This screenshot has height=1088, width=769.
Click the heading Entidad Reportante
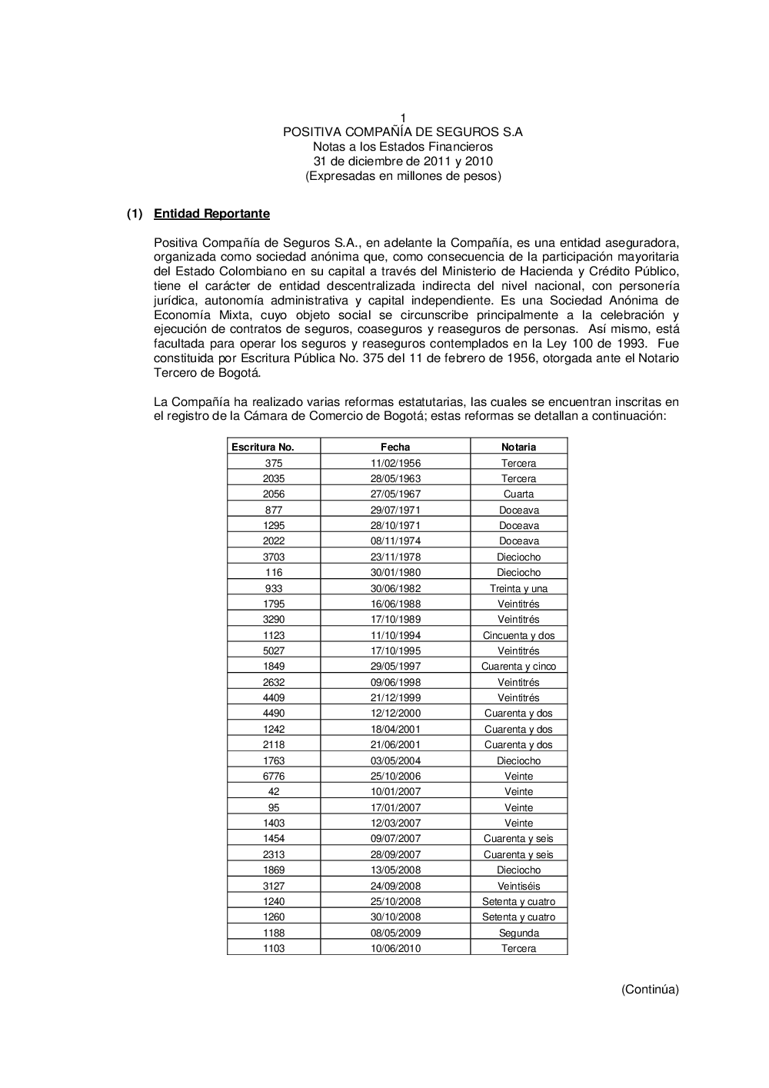click(211, 214)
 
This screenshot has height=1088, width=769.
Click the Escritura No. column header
click(263, 447)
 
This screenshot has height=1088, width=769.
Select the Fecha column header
click(395, 447)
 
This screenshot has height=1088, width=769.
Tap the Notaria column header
click(518, 447)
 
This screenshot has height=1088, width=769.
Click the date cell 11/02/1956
click(395, 463)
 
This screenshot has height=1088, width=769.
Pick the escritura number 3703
click(274, 557)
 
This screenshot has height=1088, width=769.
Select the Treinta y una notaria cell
click(518, 588)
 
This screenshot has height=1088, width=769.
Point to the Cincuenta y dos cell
click(518, 635)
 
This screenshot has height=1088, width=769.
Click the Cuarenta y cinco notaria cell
click(518, 666)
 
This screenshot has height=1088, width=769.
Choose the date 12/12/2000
click(395, 713)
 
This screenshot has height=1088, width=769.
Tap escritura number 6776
click(274, 776)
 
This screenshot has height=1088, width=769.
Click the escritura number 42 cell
click(274, 791)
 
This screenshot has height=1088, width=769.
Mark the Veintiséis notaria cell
click(518, 886)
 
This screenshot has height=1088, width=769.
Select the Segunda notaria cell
click(518, 933)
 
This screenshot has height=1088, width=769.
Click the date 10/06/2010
click(395, 948)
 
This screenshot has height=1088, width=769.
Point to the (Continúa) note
click(650, 990)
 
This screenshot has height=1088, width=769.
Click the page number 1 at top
click(403, 117)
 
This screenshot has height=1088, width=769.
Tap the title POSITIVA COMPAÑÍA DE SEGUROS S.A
click(403, 131)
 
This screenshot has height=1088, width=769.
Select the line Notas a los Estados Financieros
click(403, 146)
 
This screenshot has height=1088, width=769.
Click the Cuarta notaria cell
click(518, 494)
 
